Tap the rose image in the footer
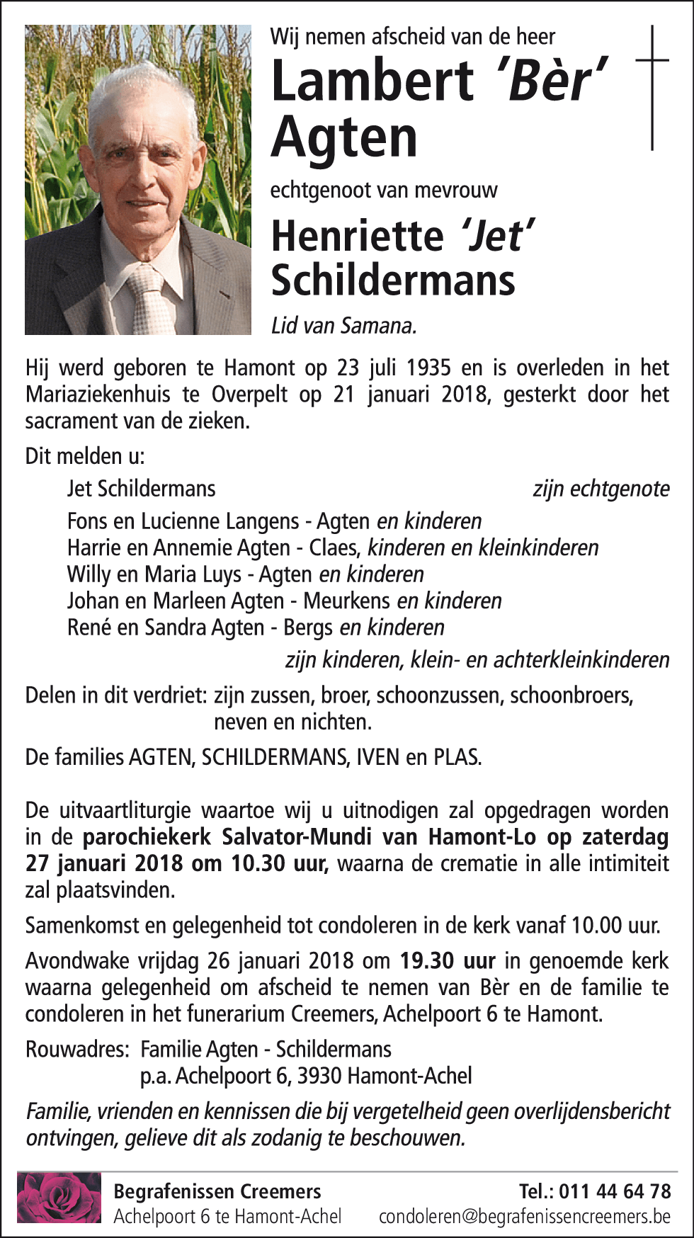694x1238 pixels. (x=59, y=1197)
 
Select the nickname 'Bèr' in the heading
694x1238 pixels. (x=553, y=80)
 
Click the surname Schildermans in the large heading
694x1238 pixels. (x=393, y=280)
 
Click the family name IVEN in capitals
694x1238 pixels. (x=377, y=757)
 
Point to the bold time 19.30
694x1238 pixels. (x=427, y=961)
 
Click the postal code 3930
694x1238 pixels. (x=319, y=1077)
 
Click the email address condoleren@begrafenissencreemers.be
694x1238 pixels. (x=524, y=1217)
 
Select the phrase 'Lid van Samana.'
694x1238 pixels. (x=344, y=326)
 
